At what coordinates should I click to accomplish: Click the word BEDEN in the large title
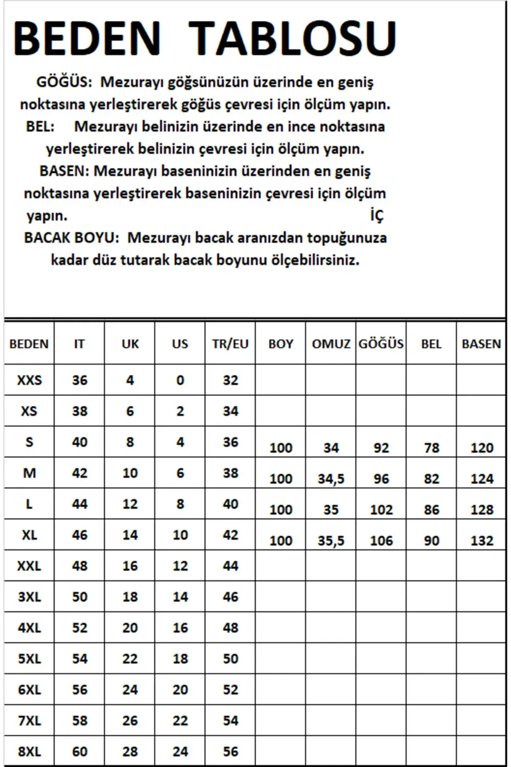pyautogui.click(x=87, y=38)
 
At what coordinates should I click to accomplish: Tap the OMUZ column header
pyautogui.click(x=331, y=344)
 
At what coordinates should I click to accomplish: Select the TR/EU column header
pyautogui.click(x=230, y=344)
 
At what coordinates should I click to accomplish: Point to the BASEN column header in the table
pyautogui.click(x=481, y=344)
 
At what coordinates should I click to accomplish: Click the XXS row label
pyautogui.click(x=29, y=380)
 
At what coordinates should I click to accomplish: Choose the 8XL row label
pyautogui.click(x=29, y=752)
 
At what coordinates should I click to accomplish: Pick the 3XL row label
pyautogui.click(x=29, y=597)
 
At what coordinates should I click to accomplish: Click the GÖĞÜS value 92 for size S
pyautogui.click(x=381, y=448)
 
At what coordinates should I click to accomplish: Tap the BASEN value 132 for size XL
pyautogui.click(x=481, y=541)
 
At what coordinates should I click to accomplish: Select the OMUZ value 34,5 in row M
pyautogui.click(x=331, y=479)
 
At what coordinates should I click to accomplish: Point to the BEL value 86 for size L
pyautogui.click(x=431, y=510)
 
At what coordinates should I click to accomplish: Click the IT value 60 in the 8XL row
pyautogui.click(x=79, y=752)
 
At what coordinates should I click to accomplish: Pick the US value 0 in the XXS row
pyautogui.click(x=180, y=380)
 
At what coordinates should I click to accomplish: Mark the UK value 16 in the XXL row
pyautogui.click(x=130, y=566)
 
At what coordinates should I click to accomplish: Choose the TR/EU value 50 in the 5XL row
pyautogui.click(x=230, y=659)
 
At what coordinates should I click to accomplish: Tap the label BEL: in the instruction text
pyautogui.click(x=40, y=126)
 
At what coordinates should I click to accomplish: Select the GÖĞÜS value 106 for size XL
pyautogui.click(x=381, y=541)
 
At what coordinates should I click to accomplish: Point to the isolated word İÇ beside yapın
pyautogui.click(x=377, y=215)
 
